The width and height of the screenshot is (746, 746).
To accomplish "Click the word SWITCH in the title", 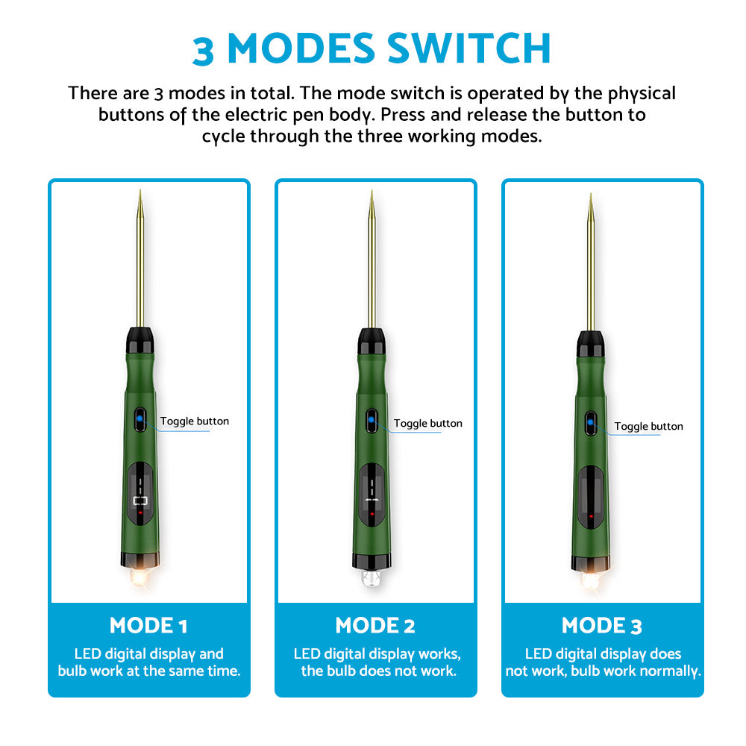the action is click(468, 48).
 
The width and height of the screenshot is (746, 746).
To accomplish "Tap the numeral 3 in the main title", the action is click(203, 51).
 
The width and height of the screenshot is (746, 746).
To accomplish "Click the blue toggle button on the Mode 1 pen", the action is click(140, 419).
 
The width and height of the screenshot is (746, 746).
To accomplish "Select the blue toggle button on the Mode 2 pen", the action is click(372, 420).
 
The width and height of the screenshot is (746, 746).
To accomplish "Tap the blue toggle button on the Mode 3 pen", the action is click(590, 422).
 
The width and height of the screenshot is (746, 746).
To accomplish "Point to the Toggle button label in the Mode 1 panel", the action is click(195, 421).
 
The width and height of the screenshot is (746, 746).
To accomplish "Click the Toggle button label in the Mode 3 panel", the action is click(648, 426).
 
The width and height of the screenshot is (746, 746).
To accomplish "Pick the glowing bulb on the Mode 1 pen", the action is click(140, 577).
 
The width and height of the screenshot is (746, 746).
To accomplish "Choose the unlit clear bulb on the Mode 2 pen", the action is click(372, 577).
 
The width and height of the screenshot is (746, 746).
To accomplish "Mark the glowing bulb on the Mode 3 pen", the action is click(590, 580).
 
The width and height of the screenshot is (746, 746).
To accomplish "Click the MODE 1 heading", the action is click(148, 625).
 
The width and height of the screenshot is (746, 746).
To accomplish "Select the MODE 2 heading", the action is click(375, 625).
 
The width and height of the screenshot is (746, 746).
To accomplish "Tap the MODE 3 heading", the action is click(602, 625).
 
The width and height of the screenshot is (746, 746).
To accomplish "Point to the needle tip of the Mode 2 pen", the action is click(372, 191).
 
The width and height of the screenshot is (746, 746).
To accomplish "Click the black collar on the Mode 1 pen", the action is click(140, 340).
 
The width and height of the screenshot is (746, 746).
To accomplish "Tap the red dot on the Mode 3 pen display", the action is click(591, 515).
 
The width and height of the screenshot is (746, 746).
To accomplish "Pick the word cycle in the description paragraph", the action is click(224, 137).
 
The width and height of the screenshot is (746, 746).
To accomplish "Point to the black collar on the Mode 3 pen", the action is click(590, 344).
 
